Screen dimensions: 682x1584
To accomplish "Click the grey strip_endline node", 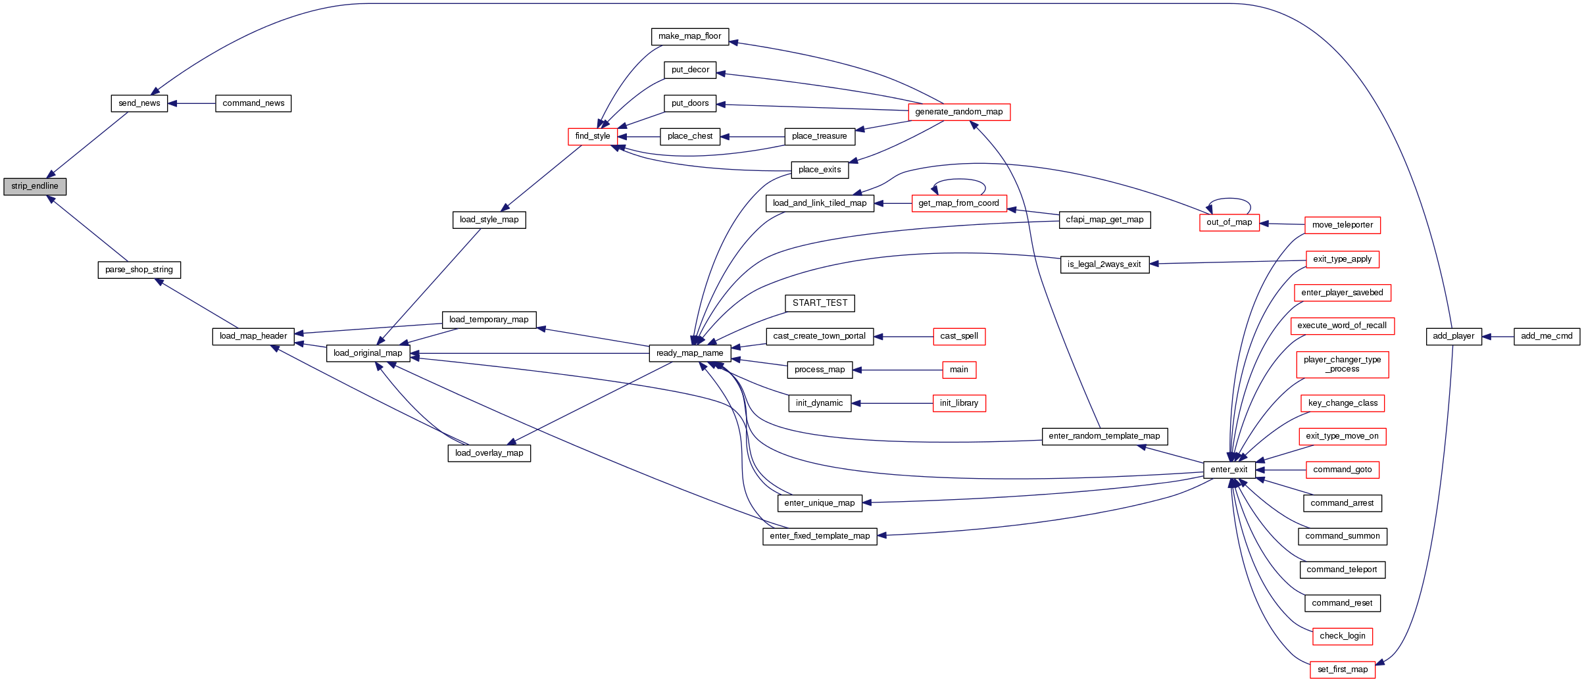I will (35, 187).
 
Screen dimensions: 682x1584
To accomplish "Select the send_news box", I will (139, 104).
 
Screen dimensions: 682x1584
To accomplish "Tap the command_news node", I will (253, 104).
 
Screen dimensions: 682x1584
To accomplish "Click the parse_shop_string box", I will (139, 270).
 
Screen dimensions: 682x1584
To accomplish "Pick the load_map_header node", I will (253, 337).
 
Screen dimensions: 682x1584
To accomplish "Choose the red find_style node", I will (593, 137).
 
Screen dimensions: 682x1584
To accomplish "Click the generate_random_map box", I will (958, 112).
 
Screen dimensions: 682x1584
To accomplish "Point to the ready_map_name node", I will (689, 354).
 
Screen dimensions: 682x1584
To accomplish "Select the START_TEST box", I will (820, 303).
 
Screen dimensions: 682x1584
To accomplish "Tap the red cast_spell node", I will (959, 337).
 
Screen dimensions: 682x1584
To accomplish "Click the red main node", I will (959, 370).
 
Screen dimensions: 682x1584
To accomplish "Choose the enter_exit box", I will (1229, 470).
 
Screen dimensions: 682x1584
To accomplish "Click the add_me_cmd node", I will (1547, 337).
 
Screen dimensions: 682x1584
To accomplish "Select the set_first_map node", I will (1343, 670).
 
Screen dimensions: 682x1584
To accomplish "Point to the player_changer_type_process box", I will (1343, 365).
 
